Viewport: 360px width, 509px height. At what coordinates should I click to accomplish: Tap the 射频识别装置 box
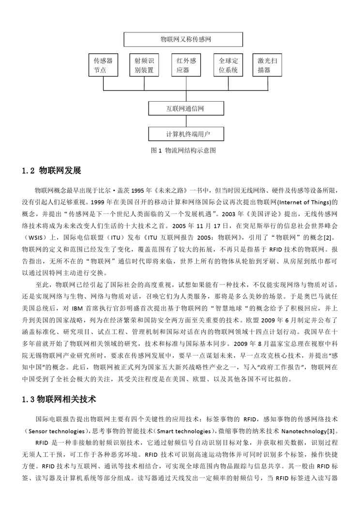[144, 66]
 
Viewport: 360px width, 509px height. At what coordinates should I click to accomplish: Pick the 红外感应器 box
[186, 66]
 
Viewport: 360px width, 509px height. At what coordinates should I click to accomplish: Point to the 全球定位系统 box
[228, 66]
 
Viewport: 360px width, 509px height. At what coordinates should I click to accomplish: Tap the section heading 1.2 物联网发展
[52, 171]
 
